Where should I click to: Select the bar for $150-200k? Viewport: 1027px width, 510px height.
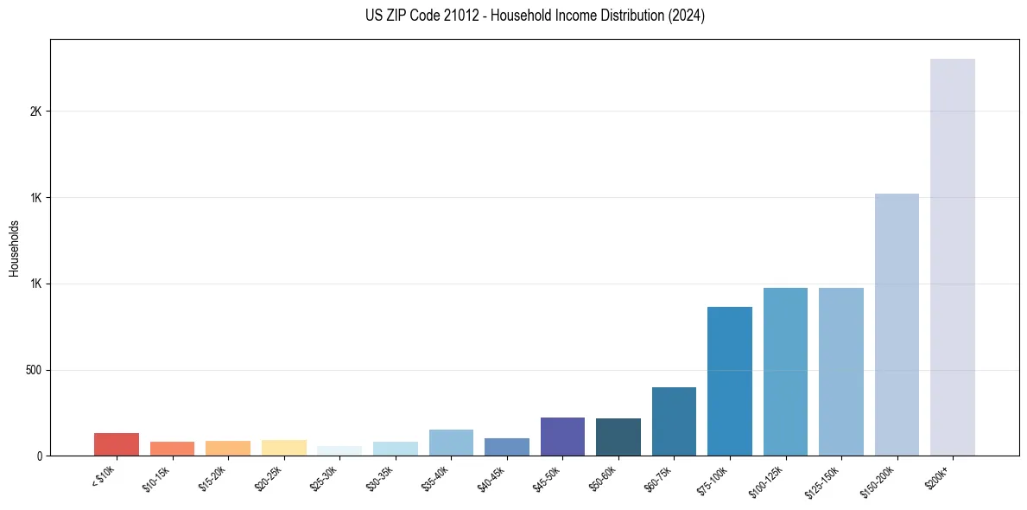tap(897, 324)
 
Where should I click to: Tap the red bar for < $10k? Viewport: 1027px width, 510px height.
tap(117, 444)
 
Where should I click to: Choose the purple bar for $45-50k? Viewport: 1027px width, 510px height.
tap(562, 437)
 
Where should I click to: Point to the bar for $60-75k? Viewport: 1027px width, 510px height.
tap(674, 421)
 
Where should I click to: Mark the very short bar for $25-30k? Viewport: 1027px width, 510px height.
tap(339, 451)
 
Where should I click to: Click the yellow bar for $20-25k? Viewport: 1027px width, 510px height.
tap(284, 448)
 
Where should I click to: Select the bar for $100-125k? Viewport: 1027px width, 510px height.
tap(785, 372)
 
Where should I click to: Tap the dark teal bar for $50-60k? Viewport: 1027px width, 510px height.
tap(618, 437)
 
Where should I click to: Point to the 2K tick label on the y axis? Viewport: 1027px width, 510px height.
tap(35, 112)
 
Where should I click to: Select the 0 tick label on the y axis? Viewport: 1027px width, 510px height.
tap(39, 456)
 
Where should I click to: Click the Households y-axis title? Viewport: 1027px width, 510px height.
tap(15, 248)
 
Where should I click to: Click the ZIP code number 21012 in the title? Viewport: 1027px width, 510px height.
tap(440, 16)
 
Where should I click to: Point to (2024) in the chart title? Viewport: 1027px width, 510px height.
tap(688, 16)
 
